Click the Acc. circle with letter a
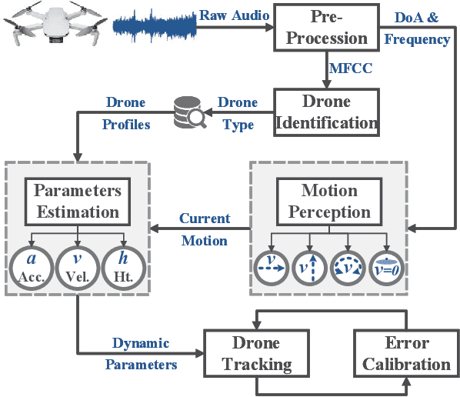pyautogui.click(x=32, y=267)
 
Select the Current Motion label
pyautogui.click(x=204, y=229)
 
